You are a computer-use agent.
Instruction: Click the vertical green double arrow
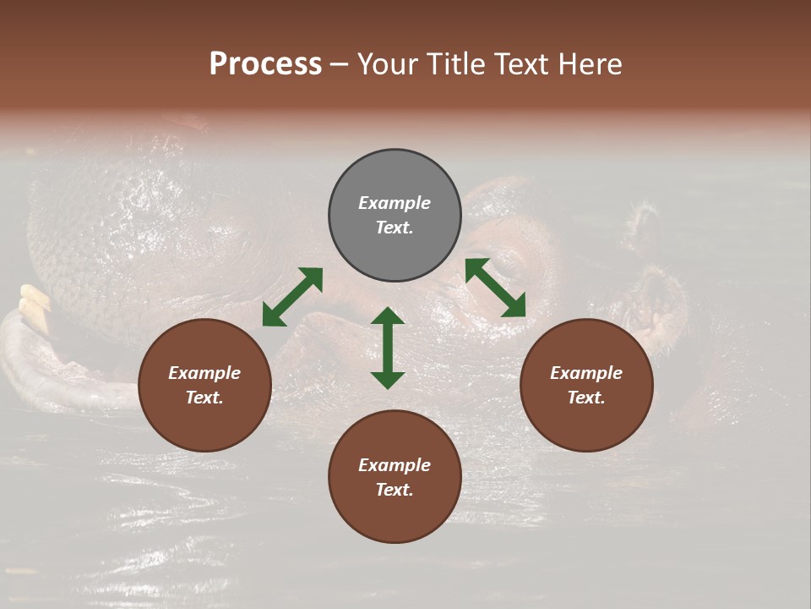(388, 348)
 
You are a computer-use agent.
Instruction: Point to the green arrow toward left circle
(292, 296)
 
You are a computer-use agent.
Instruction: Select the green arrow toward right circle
(495, 288)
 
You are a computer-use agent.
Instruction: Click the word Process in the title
(265, 63)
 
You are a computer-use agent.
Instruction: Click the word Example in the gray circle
(395, 203)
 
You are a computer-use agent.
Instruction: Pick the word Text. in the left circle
(204, 398)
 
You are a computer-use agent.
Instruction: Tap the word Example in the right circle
(586, 373)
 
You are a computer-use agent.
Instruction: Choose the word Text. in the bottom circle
(395, 490)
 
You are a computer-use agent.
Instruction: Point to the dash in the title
(339, 64)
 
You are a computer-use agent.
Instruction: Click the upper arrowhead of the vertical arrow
(388, 316)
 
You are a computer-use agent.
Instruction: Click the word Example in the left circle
(204, 373)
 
